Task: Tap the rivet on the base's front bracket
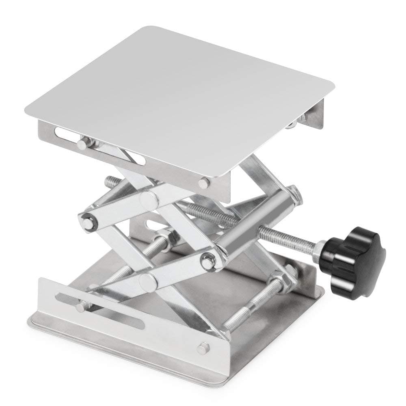click(204, 347)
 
